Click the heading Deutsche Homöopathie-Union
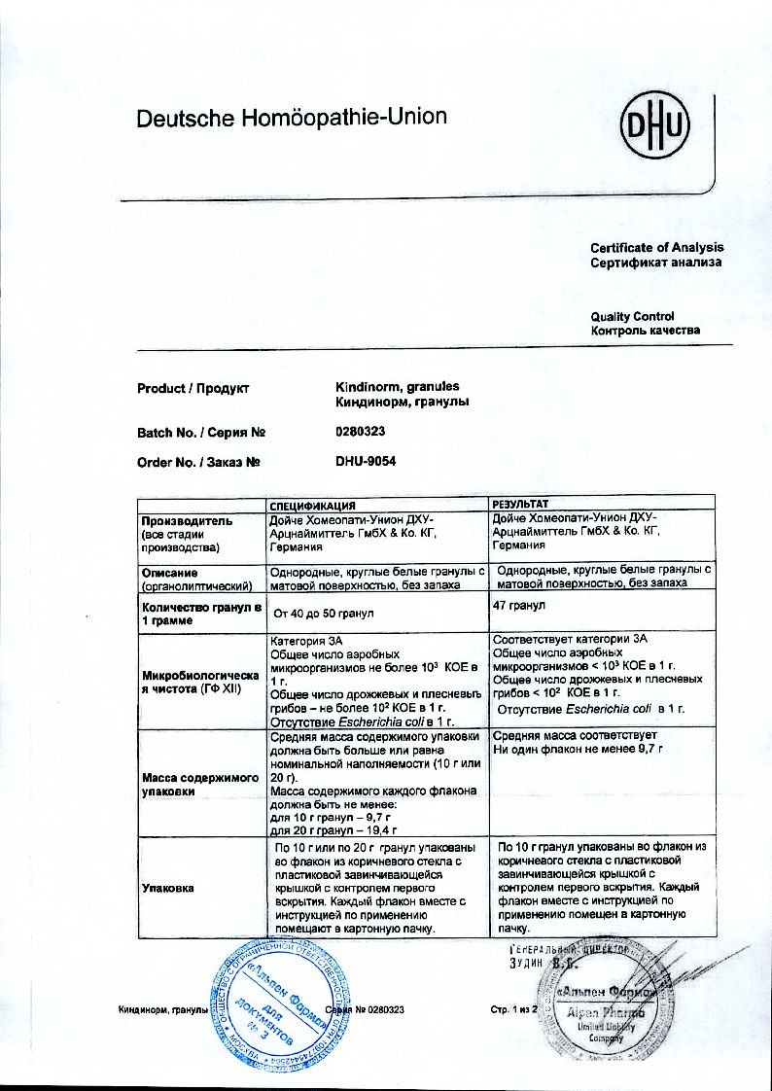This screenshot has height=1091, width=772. (x=291, y=119)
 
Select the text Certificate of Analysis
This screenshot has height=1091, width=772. (x=656, y=248)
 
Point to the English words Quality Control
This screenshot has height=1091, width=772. (x=632, y=317)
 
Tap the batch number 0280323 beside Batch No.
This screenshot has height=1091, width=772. (x=362, y=432)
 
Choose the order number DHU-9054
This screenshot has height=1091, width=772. (x=366, y=462)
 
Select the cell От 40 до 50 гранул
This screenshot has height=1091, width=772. (x=325, y=614)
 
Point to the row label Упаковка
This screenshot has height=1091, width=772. (x=168, y=887)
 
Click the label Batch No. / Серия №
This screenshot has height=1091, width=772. (x=201, y=433)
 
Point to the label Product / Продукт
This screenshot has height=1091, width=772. (x=193, y=389)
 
